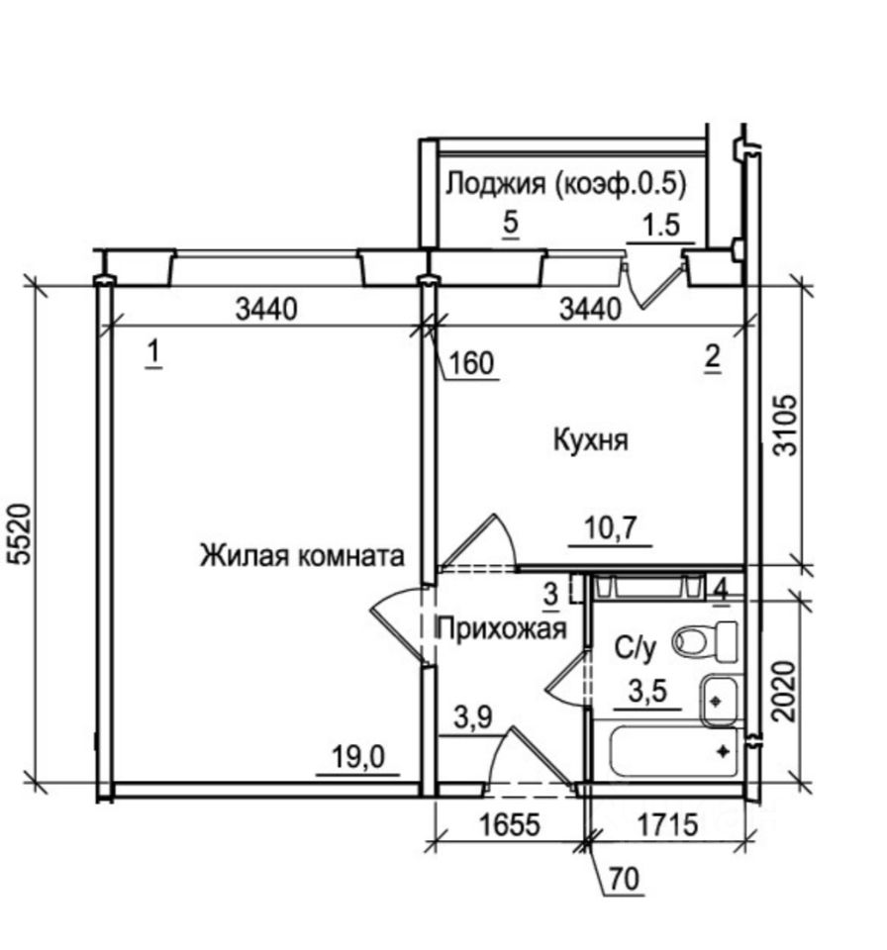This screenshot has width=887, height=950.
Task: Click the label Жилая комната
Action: pos(302,555)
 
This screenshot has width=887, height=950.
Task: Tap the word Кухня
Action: pos(590,440)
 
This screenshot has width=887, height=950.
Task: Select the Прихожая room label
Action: pos(501,629)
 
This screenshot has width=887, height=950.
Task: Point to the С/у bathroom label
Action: pos(636,649)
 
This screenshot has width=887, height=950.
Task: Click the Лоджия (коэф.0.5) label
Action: pos(566,183)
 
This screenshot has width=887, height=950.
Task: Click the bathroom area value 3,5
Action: pos(650,693)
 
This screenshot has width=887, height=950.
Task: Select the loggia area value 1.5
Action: pos(662,226)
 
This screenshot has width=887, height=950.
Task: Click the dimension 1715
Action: pos(664,824)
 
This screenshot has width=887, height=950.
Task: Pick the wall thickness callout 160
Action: pos(470,363)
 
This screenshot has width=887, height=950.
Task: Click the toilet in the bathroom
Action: pos(706,642)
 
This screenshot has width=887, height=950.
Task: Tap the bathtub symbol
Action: pos(673,753)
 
